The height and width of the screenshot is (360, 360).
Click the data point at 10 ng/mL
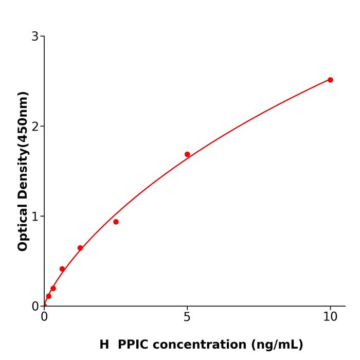click(330, 80)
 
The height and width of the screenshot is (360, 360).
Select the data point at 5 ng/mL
click(187, 154)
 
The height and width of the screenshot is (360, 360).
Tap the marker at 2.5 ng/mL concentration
click(116, 222)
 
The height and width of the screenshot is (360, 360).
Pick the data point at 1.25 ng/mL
click(80, 248)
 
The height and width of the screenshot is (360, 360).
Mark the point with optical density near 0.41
click(62, 269)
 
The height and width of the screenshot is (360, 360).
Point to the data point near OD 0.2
click(53, 289)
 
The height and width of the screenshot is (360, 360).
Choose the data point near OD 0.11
click(48, 296)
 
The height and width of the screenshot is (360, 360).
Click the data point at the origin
click(44, 305)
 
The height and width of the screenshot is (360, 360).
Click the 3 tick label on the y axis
click(35, 36)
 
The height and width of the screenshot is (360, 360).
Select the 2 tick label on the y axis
click(35, 126)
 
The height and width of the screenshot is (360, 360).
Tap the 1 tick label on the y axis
click(35, 216)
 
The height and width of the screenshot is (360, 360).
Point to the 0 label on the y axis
click(35, 306)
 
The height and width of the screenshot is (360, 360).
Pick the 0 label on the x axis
click(44, 317)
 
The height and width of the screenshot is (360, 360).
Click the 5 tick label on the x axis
click(187, 317)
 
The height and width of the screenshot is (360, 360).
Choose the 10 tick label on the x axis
click(330, 317)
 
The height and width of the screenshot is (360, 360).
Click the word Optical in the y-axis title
click(23, 226)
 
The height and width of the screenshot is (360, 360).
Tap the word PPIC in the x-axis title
click(135, 345)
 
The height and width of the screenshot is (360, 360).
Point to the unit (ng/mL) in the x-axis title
click(277, 345)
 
